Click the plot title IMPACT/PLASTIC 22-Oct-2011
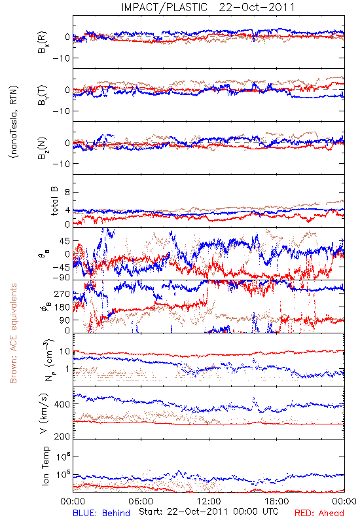[208, 7]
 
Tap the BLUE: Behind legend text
[101, 513]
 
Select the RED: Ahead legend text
[319, 513]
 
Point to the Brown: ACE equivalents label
[13, 333]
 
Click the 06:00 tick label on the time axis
[141, 501]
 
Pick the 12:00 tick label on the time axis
[209, 501]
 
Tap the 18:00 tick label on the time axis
[277, 501]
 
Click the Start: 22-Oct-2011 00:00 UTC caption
[209, 512]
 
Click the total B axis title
[54, 201]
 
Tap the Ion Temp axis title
[45, 466]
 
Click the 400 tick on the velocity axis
[62, 404]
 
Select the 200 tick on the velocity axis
[62, 436]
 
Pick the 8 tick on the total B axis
[67, 193]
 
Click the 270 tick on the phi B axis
[62, 293]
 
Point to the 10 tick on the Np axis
[64, 351]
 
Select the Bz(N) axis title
[43, 148]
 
